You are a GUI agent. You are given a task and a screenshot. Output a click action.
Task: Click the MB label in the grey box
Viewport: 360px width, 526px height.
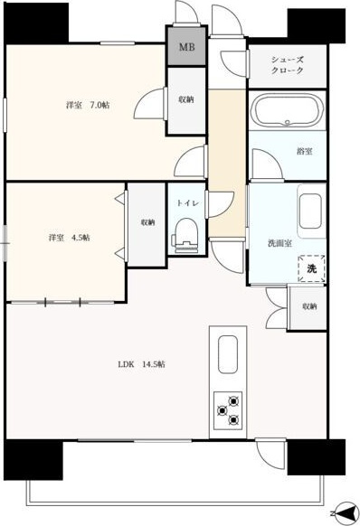tap(186, 47)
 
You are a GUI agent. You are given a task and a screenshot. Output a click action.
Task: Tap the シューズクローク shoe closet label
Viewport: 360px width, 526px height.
tap(288, 65)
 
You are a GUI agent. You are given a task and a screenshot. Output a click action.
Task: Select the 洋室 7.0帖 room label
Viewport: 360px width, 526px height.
tap(88, 106)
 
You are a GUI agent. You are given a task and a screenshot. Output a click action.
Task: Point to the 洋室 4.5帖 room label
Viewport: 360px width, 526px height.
tap(69, 238)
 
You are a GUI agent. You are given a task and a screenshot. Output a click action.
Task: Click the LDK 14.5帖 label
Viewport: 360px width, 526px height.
tap(141, 364)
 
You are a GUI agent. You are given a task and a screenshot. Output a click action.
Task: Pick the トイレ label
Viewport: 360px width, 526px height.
tap(188, 203)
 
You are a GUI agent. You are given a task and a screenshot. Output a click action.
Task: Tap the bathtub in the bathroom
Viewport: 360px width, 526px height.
tap(288, 109)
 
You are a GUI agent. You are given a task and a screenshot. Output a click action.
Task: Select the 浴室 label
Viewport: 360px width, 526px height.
tap(304, 152)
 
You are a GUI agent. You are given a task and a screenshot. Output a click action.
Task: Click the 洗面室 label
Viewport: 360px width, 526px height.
tap(279, 243)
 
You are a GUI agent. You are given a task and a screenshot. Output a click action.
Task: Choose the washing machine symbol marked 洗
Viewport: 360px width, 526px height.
tap(312, 268)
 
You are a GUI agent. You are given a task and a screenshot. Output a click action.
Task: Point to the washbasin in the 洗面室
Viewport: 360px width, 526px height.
tap(310, 211)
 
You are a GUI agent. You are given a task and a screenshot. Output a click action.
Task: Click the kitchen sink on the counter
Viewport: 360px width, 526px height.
tap(228, 354)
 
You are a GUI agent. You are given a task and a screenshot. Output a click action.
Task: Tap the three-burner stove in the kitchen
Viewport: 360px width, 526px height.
tap(228, 410)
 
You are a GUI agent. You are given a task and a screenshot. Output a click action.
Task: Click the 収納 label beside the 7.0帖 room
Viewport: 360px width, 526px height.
tap(186, 99)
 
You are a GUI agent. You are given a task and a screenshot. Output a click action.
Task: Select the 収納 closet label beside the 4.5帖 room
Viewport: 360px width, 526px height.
tap(147, 222)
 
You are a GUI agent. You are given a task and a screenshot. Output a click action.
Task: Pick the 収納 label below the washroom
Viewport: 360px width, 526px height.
tap(309, 306)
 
